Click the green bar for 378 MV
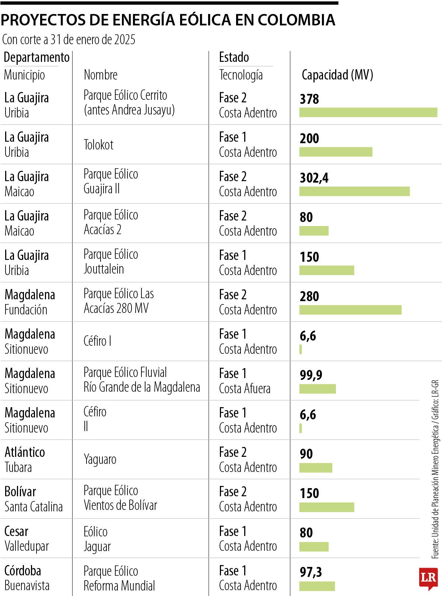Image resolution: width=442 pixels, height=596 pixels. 368,112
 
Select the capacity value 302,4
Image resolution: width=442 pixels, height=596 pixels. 314,178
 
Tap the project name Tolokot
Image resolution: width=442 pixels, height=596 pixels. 98,145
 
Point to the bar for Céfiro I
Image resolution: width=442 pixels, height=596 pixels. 301,349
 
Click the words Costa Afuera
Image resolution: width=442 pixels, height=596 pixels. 245,389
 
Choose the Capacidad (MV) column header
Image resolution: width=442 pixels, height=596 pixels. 337,75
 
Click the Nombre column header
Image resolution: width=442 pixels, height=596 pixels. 101,75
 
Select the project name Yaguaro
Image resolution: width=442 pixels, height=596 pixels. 100,459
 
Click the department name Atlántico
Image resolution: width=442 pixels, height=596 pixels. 25,452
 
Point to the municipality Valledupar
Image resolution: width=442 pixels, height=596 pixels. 27,546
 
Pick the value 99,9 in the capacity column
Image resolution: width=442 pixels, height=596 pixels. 311,375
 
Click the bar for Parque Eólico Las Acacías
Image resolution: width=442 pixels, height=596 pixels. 350,310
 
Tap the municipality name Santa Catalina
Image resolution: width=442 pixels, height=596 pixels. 34,507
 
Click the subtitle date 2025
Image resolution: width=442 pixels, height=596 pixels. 124,39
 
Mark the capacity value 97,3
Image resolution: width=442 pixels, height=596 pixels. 311,572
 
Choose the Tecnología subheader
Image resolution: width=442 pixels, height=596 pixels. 241,75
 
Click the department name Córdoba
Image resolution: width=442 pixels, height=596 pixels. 22,571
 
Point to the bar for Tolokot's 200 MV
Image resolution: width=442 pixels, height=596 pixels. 336,152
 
